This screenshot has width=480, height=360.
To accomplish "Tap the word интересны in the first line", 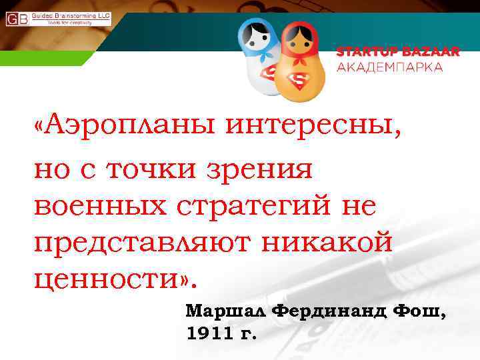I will (313, 125).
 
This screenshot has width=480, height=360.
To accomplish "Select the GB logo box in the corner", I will (17, 19).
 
